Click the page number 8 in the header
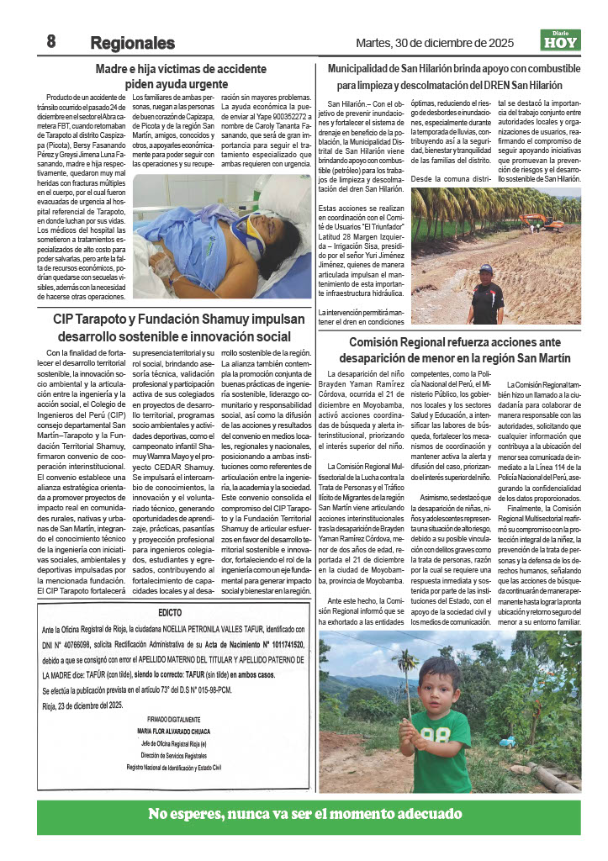click(50, 41)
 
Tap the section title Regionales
click(132, 43)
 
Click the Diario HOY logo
click(559, 40)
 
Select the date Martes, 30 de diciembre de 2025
click(435, 43)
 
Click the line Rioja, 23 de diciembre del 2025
click(82, 705)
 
